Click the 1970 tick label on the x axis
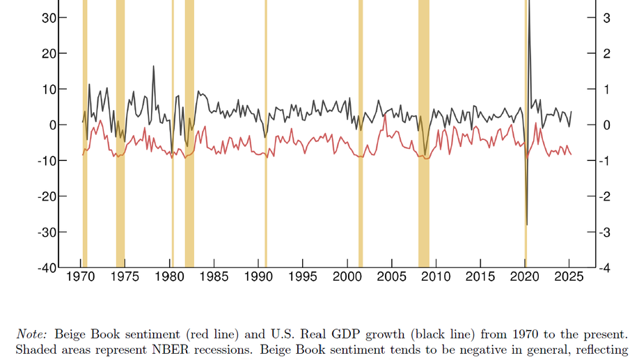[x=81, y=278]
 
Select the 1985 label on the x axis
[x=214, y=278]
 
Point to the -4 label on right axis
[x=605, y=267]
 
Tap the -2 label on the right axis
[x=605, y=196]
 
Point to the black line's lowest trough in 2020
[x=526, y=224]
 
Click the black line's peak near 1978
[x=154, y=67]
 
